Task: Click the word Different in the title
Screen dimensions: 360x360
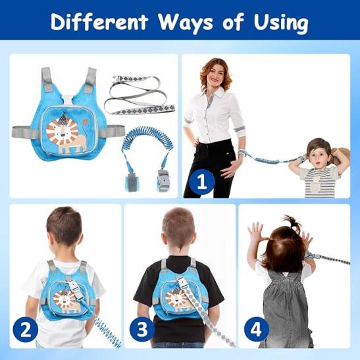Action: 99,22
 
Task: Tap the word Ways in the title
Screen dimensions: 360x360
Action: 186,23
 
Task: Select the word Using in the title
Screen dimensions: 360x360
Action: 281,23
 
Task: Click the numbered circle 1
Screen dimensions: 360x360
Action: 202,182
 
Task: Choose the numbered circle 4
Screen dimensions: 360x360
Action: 256,329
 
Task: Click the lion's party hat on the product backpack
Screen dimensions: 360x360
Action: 63,118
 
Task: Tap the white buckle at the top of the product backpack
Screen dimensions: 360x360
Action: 68,100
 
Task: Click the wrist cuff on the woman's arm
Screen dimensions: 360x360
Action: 241,153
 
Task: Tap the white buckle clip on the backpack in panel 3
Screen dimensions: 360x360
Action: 182,282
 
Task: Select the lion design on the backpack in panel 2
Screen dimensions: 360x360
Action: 65,301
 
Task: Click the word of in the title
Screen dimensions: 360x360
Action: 233,22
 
